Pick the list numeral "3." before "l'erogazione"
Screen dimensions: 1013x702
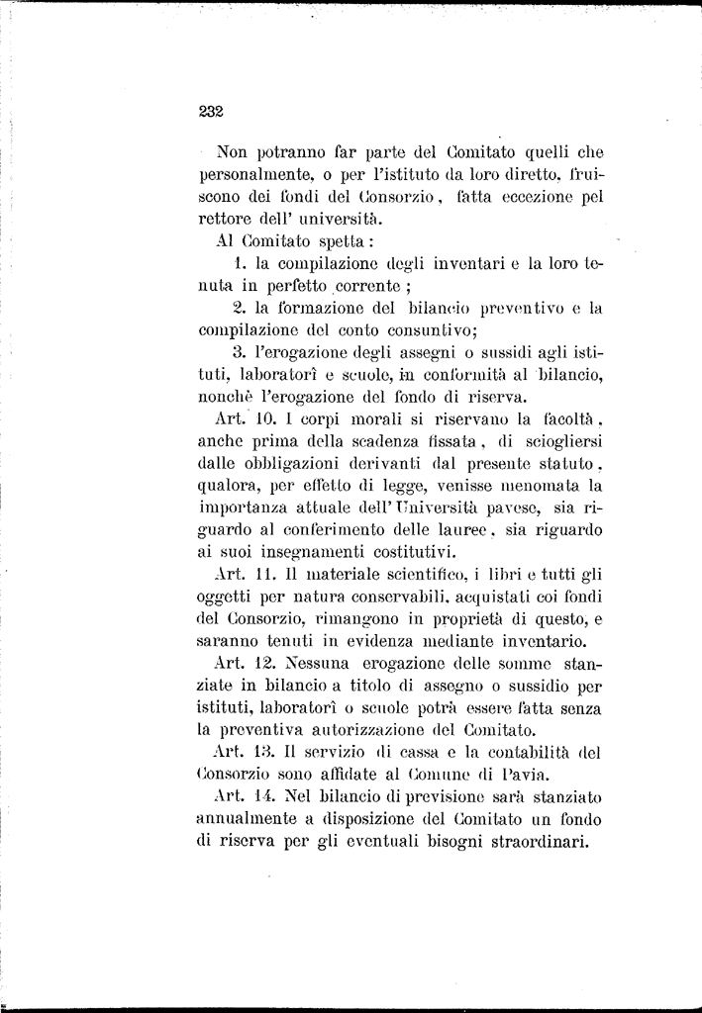238,352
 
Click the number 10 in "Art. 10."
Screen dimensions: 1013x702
250,418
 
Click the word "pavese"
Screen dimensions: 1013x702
504,506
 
